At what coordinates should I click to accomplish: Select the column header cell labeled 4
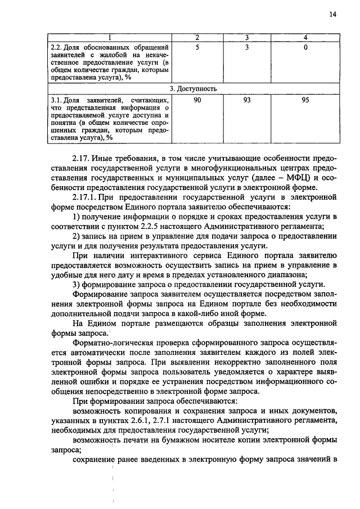[x=305, y=37]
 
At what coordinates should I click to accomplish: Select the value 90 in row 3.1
[x=197, y=100]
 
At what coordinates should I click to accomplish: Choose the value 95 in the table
[x=305, y=100]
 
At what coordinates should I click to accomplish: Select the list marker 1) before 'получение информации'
[x=78, y=217]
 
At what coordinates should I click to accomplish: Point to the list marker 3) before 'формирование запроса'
[x=78, y=284]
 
